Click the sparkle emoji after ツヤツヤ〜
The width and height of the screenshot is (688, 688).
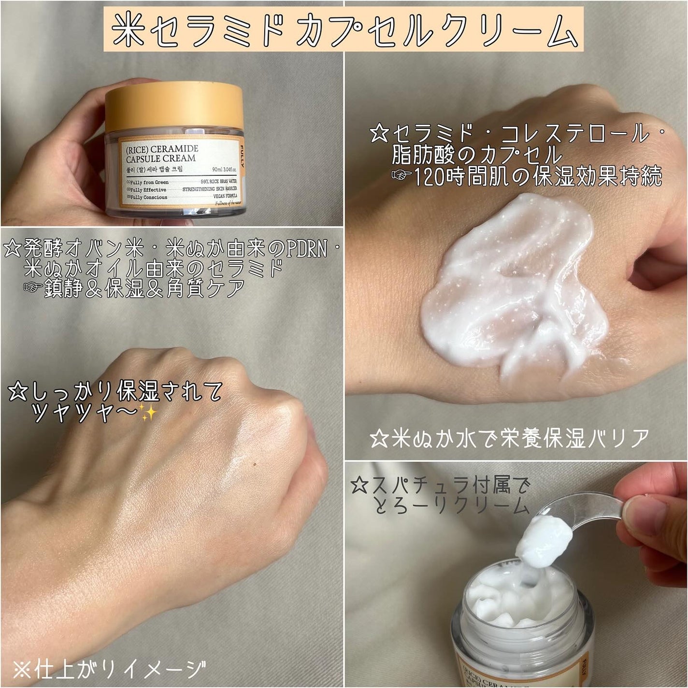pos(146,414)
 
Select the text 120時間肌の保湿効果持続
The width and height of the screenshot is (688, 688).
pos(536,177)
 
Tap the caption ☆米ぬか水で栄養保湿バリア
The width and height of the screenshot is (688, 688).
pos(510,439)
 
